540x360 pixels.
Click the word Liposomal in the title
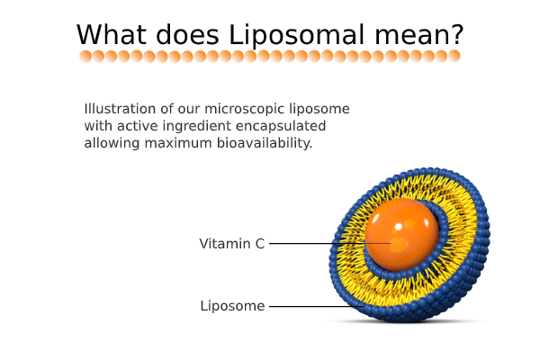point(296,35)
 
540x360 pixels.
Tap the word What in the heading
point(112,34)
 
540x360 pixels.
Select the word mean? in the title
point(419,35)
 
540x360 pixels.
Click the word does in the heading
point(187,34)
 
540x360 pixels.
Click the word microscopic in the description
point(245,109)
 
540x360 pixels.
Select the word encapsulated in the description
point(281,126)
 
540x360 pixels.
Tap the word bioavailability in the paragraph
point(264,143)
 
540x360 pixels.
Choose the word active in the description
point(137,126)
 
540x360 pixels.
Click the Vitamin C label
point(232,244)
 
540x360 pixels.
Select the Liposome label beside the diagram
point(232,306)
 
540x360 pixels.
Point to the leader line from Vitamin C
point(330,243)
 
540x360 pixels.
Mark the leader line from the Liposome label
point(317,306)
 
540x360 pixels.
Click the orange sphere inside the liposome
point(402,235)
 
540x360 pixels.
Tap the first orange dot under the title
point(85,56)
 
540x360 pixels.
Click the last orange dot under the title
point(454,56)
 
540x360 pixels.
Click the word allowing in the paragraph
point(112,143)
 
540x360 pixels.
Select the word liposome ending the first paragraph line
point(319,109)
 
